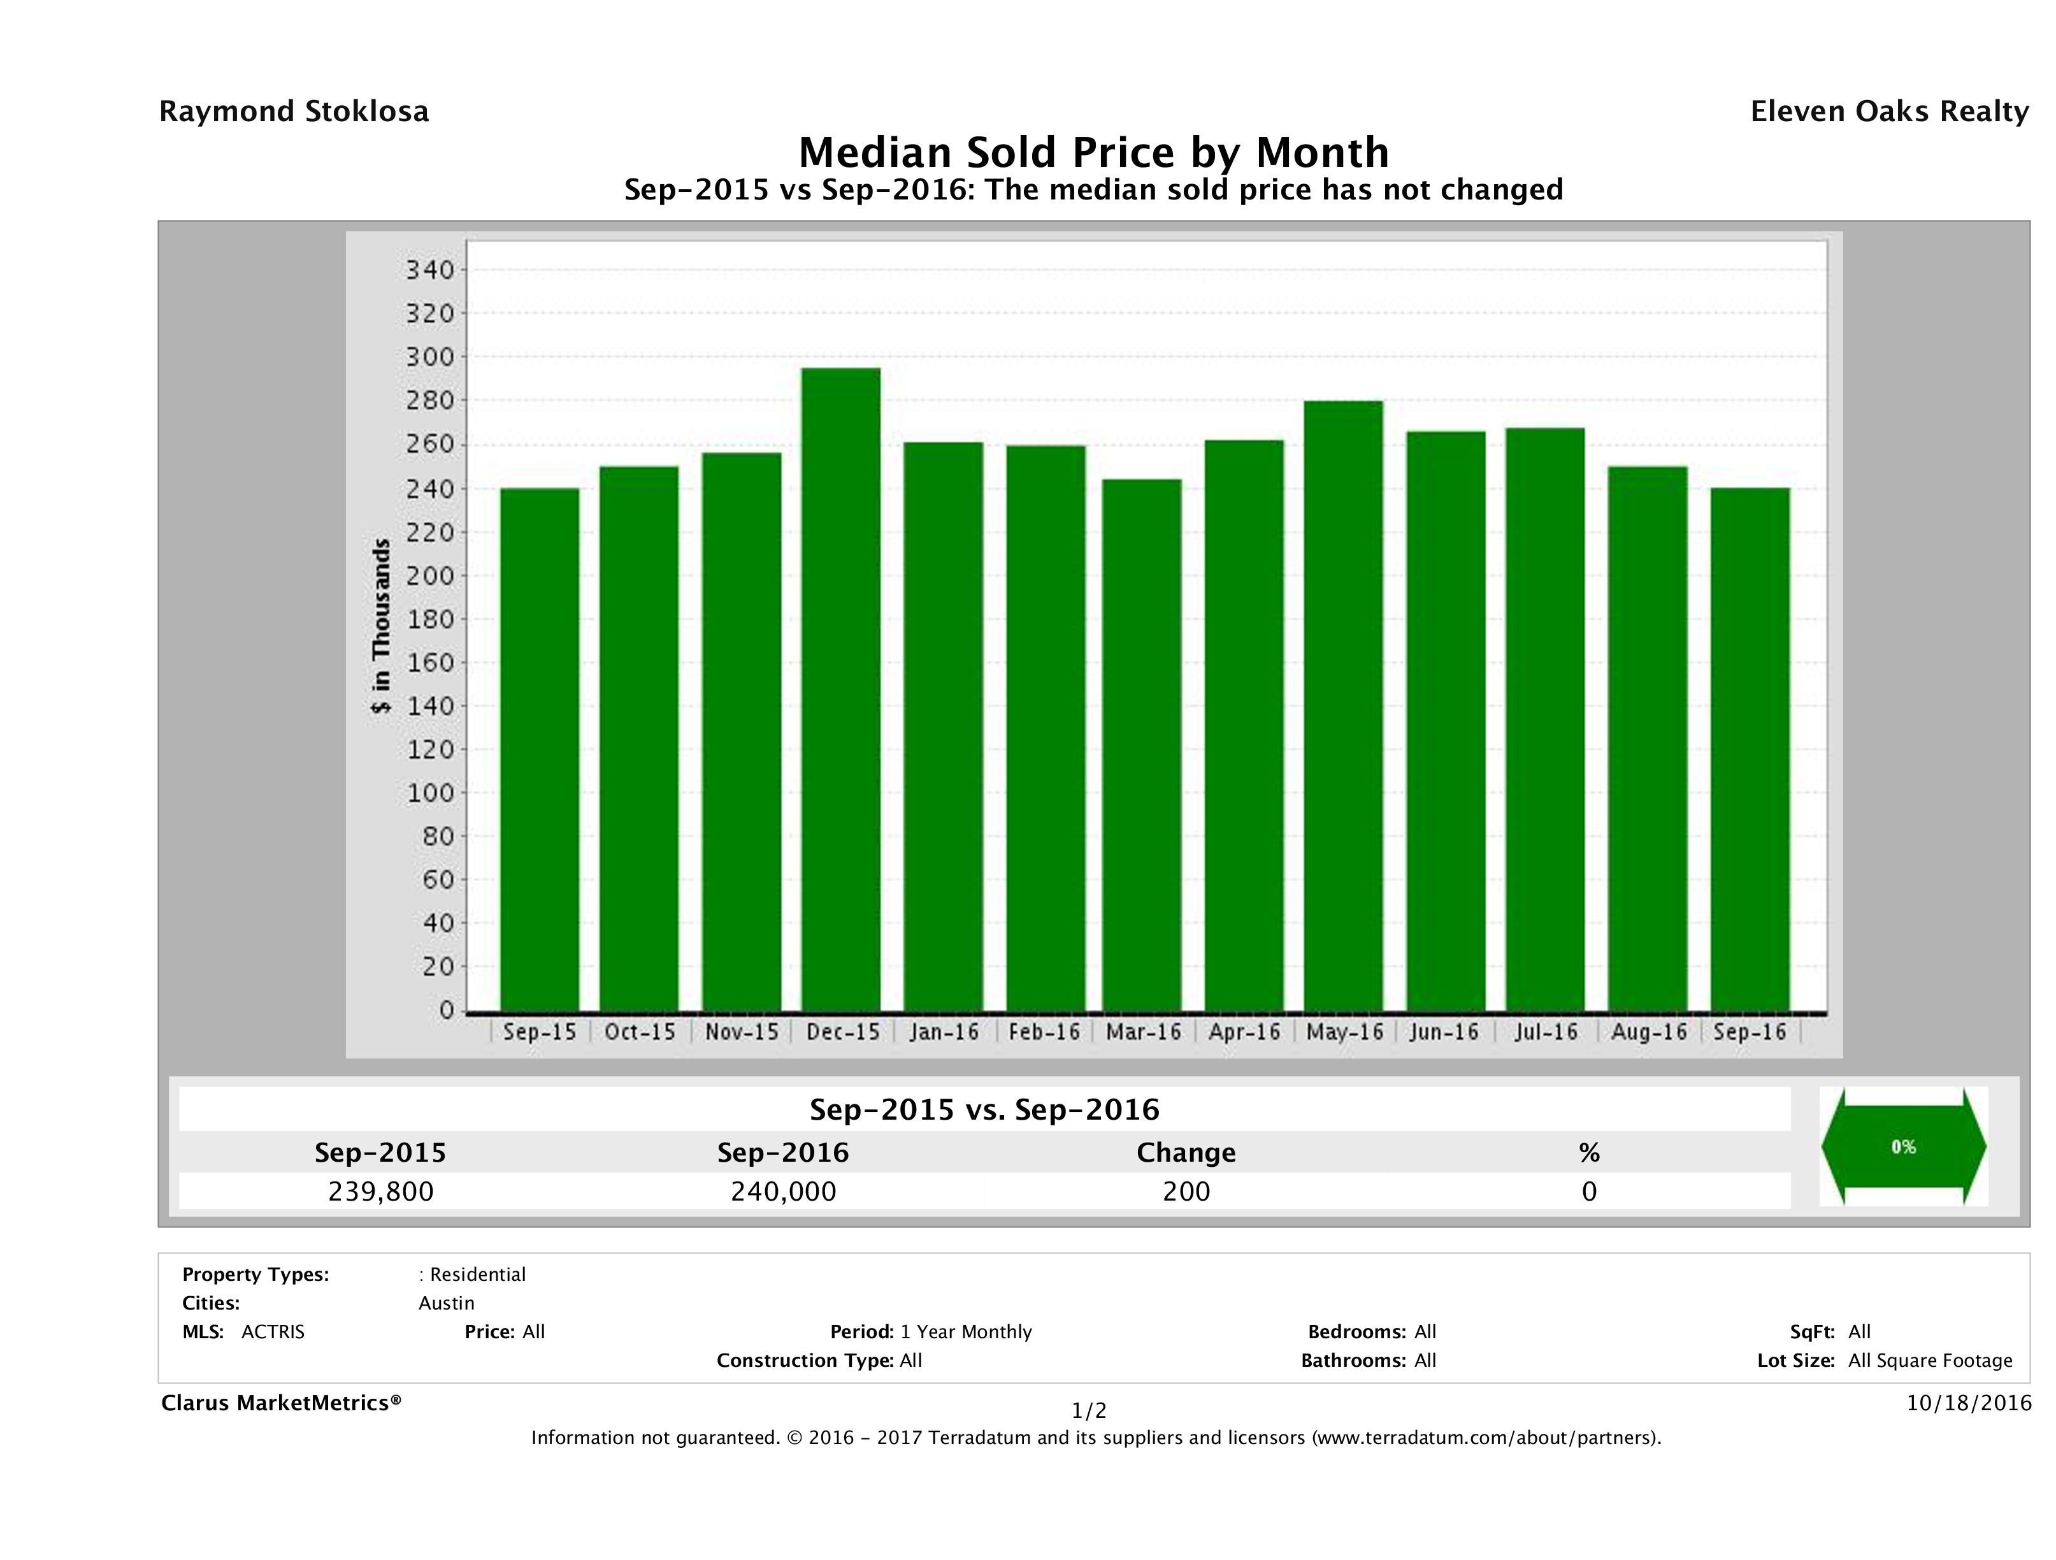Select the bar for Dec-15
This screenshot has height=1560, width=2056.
841,689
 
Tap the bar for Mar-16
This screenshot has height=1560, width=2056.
1142,745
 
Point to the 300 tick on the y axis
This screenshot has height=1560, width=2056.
430,357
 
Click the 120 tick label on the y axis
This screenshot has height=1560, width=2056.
430,749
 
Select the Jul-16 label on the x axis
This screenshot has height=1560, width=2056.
1546,1032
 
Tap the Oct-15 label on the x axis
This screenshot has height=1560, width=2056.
640,1032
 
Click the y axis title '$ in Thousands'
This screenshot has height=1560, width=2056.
381,626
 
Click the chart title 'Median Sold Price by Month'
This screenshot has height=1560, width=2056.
1093,152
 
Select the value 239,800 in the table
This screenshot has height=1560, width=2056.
380,1191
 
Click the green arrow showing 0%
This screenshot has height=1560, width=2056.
1902,1146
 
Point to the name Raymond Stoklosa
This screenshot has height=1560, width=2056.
294,112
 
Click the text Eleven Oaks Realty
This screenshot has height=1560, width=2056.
1888,112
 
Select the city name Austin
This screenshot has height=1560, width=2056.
446,1303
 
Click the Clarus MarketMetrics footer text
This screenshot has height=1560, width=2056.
281,1403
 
